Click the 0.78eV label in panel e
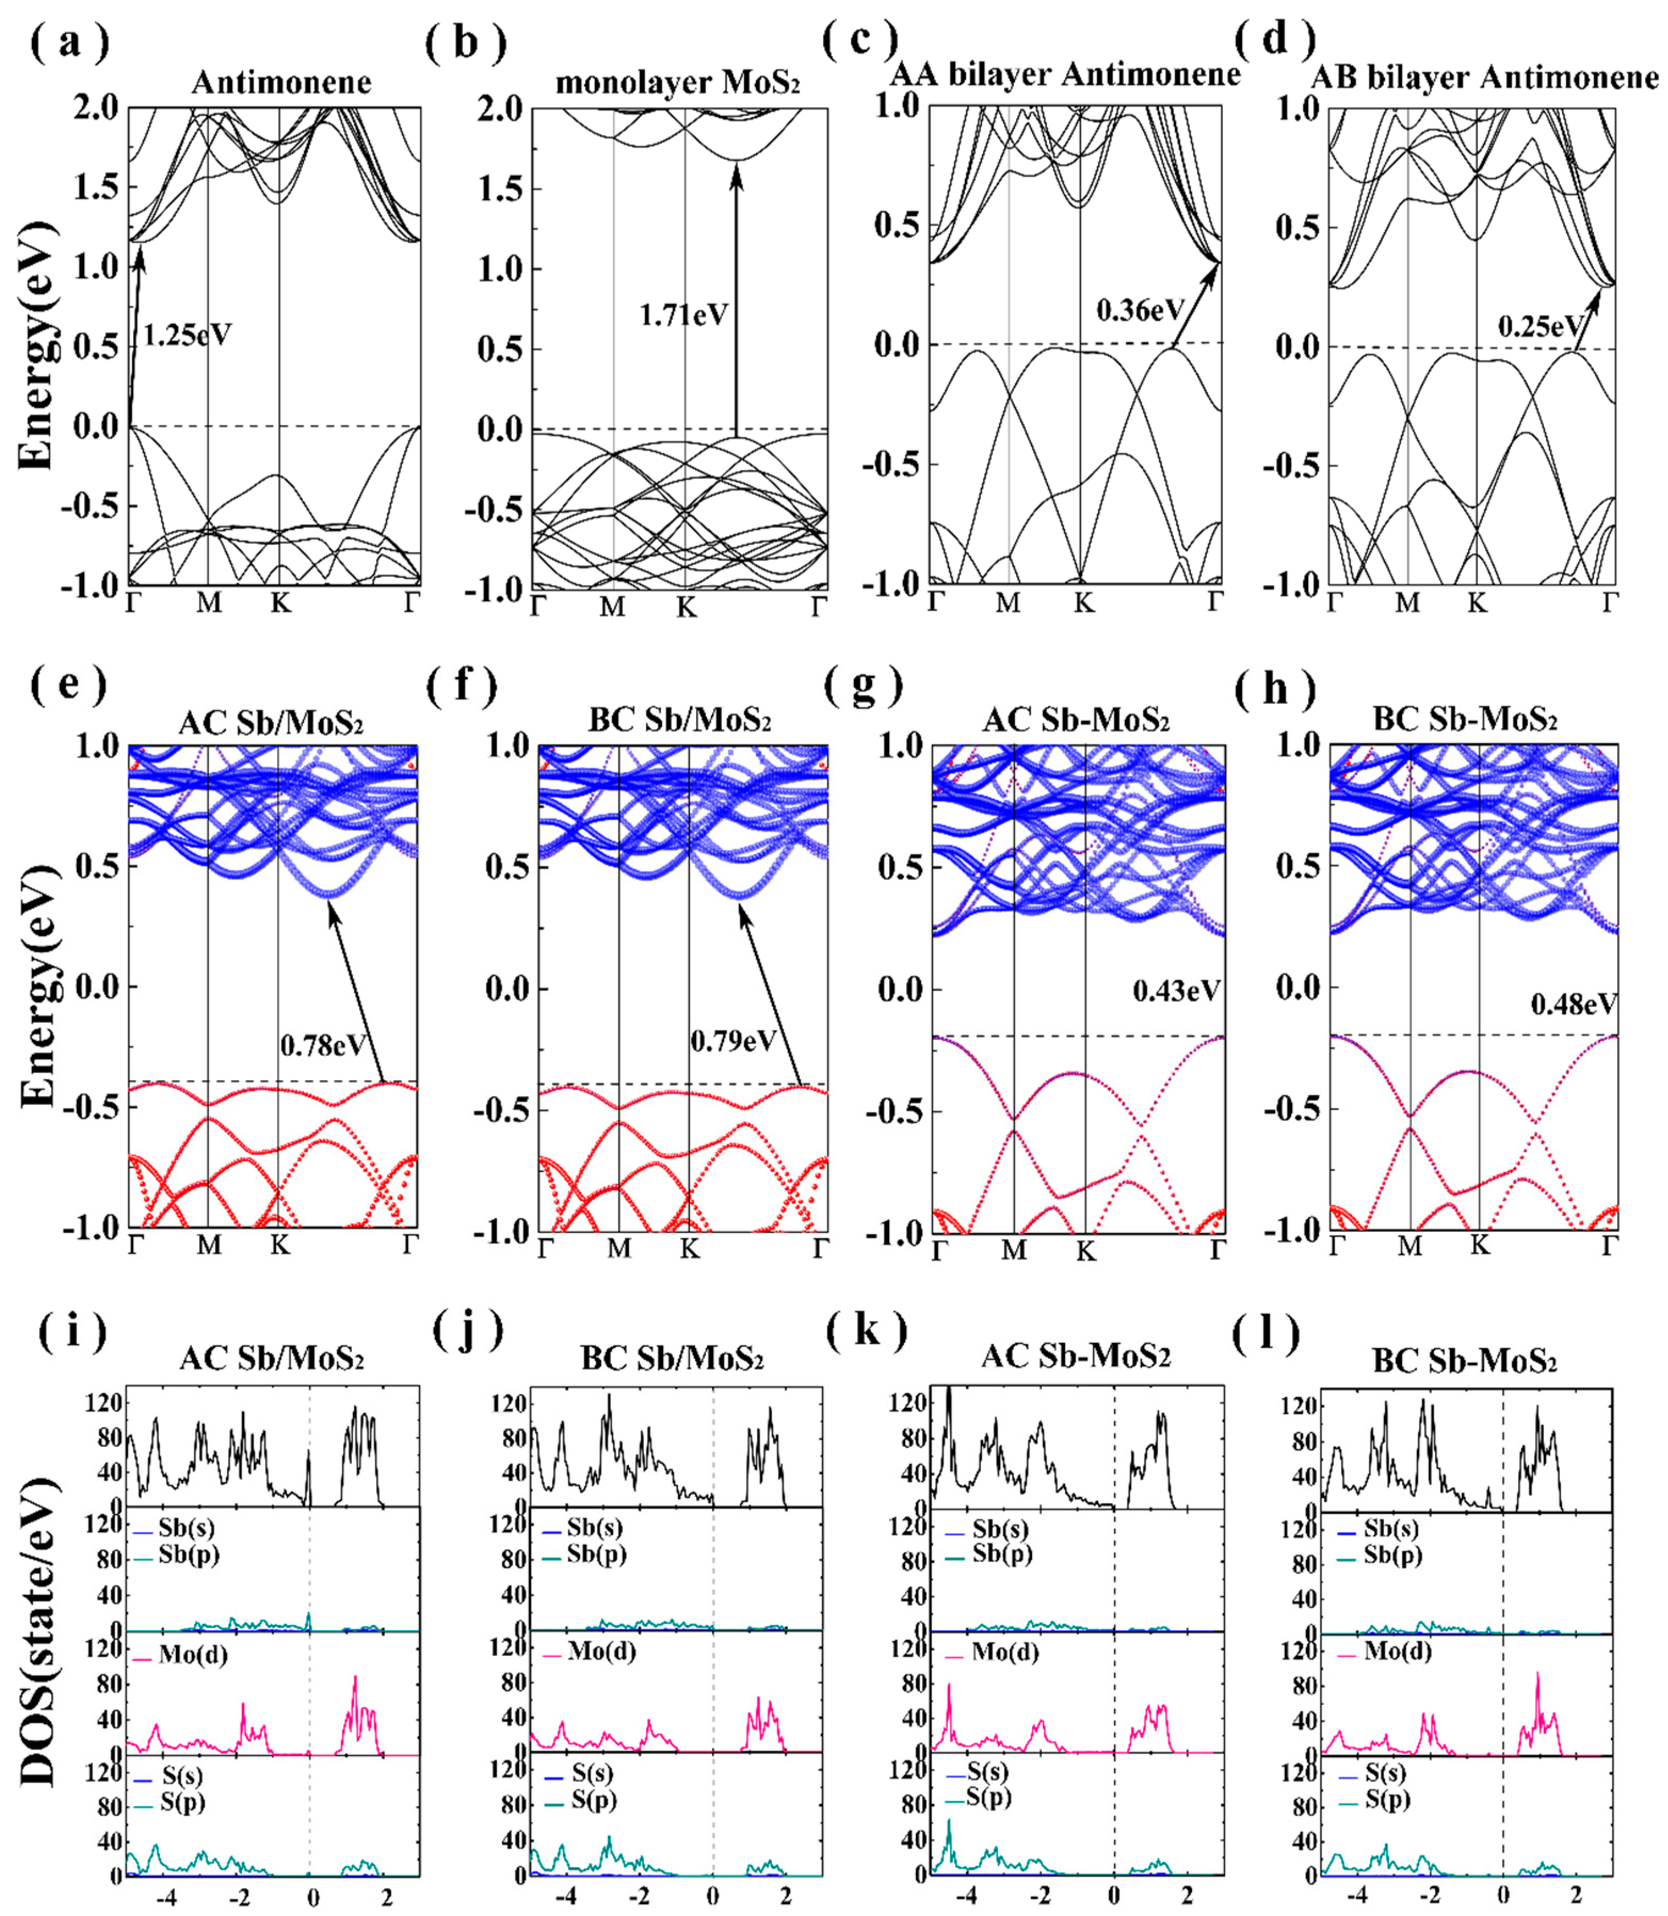coord(323,1046)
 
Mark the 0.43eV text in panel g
coord(1175,991)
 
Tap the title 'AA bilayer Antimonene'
coord(1065,75)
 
